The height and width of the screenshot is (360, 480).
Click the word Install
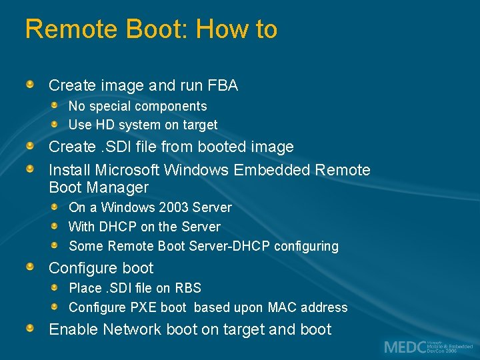pyautogui.click(x=70, y=170)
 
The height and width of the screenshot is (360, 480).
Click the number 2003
pyautogui.click(x=174, y=207)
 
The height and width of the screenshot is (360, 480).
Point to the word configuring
pyautogui.click(x=306, y=246)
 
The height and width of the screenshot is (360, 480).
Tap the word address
pyautogui.click(x=325, y=307)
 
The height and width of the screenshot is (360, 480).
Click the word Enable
pyautogui.click(x=71, y=329)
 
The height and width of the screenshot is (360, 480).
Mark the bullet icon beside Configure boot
pyautogui.click(x=31, y=267)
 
